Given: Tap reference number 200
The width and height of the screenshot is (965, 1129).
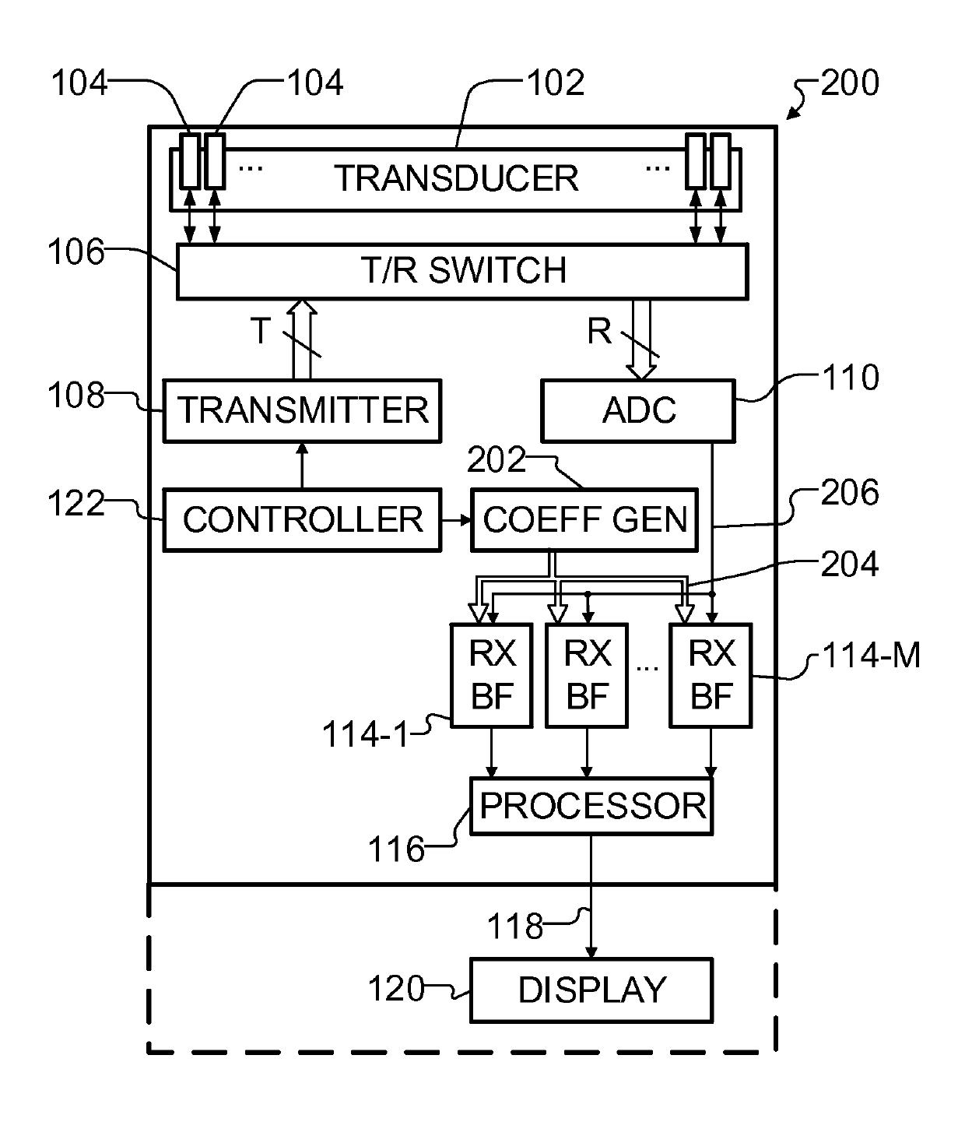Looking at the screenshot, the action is click(x=850, y=83).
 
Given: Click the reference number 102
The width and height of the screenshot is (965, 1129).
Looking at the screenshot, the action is click(x=556, y=83).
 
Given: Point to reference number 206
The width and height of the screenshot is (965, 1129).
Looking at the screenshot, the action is click(x=850, y=493).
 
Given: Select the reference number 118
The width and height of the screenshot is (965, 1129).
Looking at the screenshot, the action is click(x=514, y=927).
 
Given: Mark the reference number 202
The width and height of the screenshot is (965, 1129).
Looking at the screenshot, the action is click(x=497, y=460).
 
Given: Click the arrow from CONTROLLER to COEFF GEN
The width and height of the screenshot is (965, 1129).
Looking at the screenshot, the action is click(x=456, y=520).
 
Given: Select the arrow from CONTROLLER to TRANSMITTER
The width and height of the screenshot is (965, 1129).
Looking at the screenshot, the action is click(x=302, y=466).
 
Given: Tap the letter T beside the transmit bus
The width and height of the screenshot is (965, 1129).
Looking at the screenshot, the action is click(x=261, y=331).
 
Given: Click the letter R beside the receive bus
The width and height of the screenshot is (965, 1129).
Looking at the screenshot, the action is click(x=599, y=331).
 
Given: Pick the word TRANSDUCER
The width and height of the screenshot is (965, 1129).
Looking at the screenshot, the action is click(x=456, y=178).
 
